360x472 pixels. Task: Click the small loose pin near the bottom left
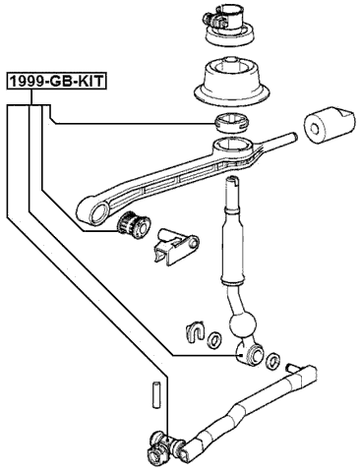pyautogui.click(x=154, y=393)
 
